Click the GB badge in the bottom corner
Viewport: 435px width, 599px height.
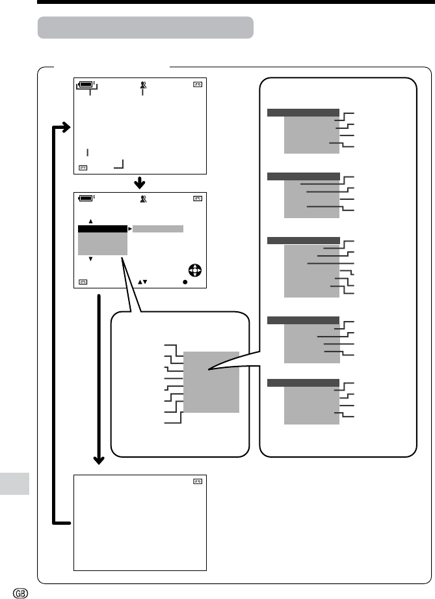[20, 593]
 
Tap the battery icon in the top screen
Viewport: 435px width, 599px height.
[86, 84]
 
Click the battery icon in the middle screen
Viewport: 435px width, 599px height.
[86, 198]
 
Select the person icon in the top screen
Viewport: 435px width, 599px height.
[143, 85]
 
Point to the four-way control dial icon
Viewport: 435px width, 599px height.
[195, 270]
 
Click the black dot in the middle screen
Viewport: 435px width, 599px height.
[185, 283]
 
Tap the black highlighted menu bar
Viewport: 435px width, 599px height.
[103, 229]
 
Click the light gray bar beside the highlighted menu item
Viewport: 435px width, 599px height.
[158, 229]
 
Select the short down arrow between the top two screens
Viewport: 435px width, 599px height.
[140, 183]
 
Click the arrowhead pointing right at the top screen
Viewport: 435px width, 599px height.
[66, 127]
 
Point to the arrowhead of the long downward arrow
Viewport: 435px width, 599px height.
[99, 460]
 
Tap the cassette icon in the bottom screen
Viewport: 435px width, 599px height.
[198, 481]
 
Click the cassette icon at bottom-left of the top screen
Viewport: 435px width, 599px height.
[83, 168]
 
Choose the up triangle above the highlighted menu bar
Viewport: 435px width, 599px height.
[91, 221]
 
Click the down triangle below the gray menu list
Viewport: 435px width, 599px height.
[91, 259]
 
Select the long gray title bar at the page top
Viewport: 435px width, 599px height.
[146, 27]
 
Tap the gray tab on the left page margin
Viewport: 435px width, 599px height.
[14, 484]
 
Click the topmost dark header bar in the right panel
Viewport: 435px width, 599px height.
[304, 112]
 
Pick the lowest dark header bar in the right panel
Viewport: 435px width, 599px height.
[304, 383]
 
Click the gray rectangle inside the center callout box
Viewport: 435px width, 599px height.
[211, 382]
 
